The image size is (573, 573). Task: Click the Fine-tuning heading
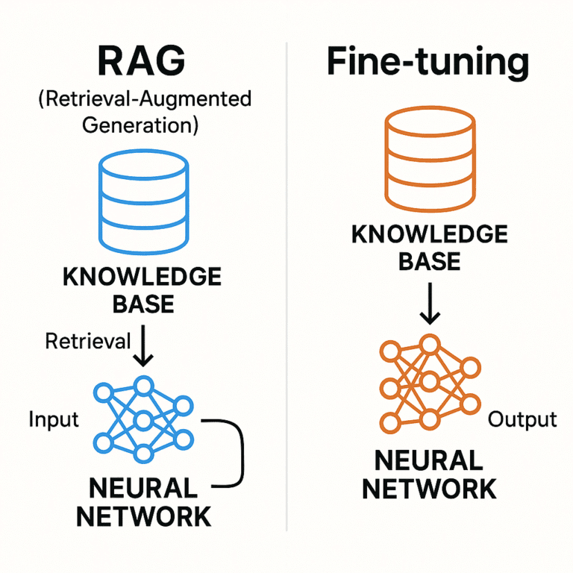pos(428,64)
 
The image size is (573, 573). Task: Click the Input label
pos(53,419)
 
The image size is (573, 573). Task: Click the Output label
pos(522,419)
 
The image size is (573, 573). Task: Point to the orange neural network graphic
pos(428,386)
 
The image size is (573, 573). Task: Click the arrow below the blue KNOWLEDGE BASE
pos(142,347)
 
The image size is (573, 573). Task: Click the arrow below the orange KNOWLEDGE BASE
pos(428,306)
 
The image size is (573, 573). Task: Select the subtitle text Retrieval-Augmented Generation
pos(141,111)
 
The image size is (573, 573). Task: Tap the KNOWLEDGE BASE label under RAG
pos(141,290)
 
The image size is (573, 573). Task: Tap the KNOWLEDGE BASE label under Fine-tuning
pos(428,248)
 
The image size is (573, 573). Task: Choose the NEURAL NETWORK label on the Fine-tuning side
pos(428,475)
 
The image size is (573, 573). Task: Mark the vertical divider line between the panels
pos(286,298)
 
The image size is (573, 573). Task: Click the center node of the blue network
pos(143,419)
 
